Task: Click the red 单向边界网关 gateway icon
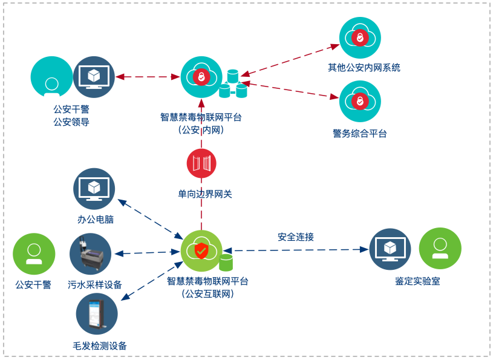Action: point(201,163)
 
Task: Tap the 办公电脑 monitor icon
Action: point(94,189)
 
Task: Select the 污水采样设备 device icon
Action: point(91,254)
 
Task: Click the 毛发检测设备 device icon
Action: point(97,314)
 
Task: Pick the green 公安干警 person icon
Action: point(34,254)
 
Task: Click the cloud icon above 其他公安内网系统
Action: point(360,38)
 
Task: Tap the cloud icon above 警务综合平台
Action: point(360,101)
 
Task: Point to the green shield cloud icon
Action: point(201,250)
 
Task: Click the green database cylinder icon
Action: point(226,262)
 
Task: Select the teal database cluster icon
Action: point(233,85)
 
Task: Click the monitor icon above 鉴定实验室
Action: point(390,249)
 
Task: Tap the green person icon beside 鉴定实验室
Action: point(440,248)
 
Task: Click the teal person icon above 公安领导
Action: point(51,77)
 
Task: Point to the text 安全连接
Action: point(296,237)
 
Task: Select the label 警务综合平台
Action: point(360,134)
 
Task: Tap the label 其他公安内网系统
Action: point(364,67)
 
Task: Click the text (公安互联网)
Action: point(207,294)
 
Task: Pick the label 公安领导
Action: point(71,122)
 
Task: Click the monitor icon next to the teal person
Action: point(94,77)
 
